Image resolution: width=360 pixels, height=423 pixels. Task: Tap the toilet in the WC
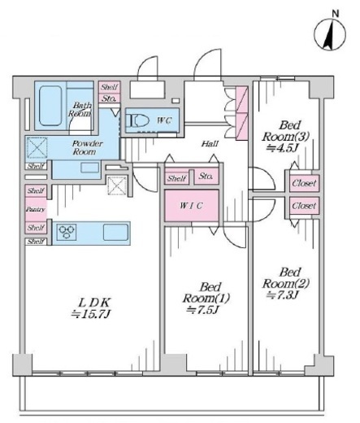click(139, 120)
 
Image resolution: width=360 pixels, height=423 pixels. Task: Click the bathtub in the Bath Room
click(50, 106)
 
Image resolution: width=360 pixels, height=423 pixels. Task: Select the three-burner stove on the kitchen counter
click(67, 232)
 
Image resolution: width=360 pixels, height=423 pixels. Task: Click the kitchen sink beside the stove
click(115, 232)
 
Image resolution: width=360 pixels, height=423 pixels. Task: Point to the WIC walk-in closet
click(192, 206)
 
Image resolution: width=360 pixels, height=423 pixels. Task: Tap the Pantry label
click(36, 209)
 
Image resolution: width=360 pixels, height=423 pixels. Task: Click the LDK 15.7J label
click(91, 307)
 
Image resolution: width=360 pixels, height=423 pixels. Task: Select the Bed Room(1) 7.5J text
click(206, 298)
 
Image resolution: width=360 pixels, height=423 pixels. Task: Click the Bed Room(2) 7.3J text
click(286, 283)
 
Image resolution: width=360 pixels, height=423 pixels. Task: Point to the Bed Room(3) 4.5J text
click(285, 137)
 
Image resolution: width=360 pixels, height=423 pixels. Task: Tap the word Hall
click(210, 144)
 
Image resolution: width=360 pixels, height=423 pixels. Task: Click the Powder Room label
click(84, 147)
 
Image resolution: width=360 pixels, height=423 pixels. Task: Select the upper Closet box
click(304, 183)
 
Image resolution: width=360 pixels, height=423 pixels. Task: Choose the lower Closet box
click(304, 206)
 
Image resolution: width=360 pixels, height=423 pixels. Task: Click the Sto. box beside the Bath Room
click(109, 98)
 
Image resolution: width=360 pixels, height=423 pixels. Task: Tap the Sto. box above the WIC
click(206, 177)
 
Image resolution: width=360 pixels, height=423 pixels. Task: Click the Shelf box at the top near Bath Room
click(109, 87)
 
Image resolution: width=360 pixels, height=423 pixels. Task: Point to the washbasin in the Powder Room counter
click(90, 168)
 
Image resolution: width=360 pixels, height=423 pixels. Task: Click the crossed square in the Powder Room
click(37, 148)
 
